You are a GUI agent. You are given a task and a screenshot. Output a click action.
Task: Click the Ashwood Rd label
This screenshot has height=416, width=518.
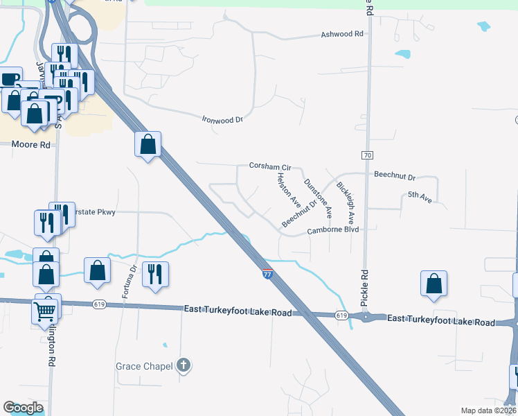342,34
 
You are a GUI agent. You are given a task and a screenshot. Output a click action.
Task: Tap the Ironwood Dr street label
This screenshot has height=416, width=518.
222,119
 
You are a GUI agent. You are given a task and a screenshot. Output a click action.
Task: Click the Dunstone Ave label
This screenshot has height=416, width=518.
317,196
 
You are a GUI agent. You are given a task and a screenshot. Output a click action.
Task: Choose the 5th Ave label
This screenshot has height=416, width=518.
420,198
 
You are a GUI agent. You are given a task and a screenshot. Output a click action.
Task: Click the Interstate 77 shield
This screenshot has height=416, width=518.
267,273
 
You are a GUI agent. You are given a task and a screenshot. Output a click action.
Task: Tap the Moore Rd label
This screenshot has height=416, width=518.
32,145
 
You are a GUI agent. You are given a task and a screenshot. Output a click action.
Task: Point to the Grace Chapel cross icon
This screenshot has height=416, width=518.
184,365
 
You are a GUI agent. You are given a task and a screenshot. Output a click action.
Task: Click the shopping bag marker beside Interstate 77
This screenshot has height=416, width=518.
148,145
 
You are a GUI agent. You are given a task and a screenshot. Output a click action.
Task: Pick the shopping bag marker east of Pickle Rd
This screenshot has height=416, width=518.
434,284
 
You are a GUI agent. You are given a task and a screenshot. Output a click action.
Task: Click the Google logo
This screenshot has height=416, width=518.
24,408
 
